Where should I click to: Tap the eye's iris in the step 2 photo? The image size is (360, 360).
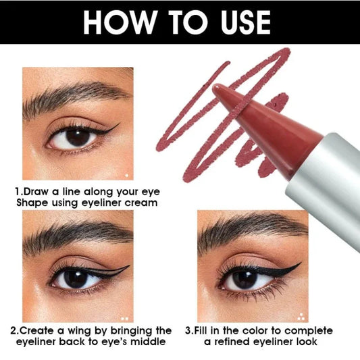pos(74,277)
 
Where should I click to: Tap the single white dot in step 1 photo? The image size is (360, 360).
pos(126,176)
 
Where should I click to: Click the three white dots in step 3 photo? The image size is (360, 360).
pos(302,316)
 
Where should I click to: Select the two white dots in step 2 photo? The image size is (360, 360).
pos(124,317)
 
